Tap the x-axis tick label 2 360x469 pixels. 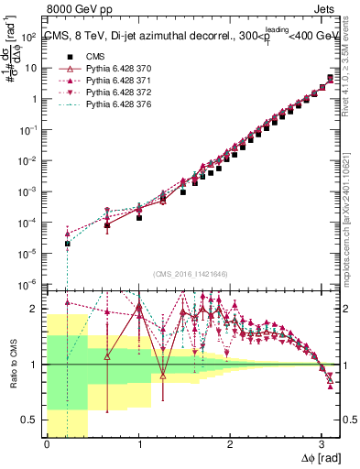(230, 445)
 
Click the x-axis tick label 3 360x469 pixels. (322, 445)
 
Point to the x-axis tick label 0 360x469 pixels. (47, 445)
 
